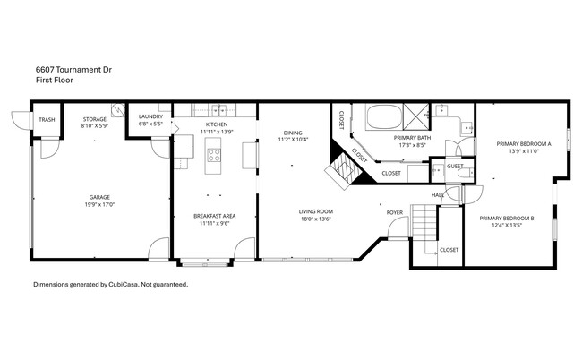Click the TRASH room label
pyautogui.click(x=46, y=119)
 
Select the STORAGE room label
pyautogui.click(x=95, y=119)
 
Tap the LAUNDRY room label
pyautogui.click(x=150, y=116)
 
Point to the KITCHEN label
pyautogui.click(x=217, y=124)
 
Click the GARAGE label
pyautogui.click(x=98, y=197)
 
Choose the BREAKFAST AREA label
pyautogui.click(x=215, y=216)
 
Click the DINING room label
pyautogui.click(x=293, y=132)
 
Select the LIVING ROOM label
pyautogui.click(x=317, y=211)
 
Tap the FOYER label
pyautogui.click(x=394, y=212)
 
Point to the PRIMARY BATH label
pyautogui.click(x=413, y=137)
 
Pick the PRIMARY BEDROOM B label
pyautogui.click(x=507, y=219)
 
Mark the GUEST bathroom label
pyautogui.click(x=454, y=166)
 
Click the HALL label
pyautogui.click(x=438, y=194)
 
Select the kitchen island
pyautogui.click(x=214, y=161)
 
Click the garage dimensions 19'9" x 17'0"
pyautogui.click(x=98, y=204)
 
